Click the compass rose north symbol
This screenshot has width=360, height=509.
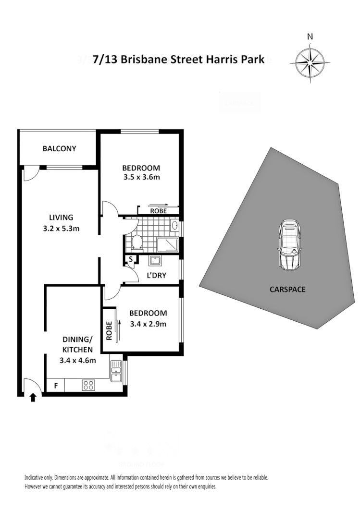click(x=310, y=61)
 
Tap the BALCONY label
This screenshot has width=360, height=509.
click(x=59, y=148)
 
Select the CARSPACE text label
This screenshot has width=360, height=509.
click(x=288, y=290)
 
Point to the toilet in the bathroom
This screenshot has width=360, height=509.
click(x=137, y=243)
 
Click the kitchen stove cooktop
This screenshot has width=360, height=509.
click(x=89, y=385)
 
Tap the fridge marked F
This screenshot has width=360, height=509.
click(x=55, y=385)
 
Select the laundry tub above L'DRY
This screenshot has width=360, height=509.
click(x=155, y=261)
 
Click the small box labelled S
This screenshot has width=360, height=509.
click(x=130, y=260)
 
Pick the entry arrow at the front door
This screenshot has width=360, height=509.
click(x=33, y=397)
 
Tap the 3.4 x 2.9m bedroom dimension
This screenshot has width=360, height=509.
click(x=148, y=323)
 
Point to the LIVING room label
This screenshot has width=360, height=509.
click(x=61, y=217)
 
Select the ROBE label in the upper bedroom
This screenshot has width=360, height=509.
click(x=158, y=211)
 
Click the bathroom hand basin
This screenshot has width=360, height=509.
click(x=175, y=226)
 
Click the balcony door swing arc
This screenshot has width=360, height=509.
click(x=30, y=174)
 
